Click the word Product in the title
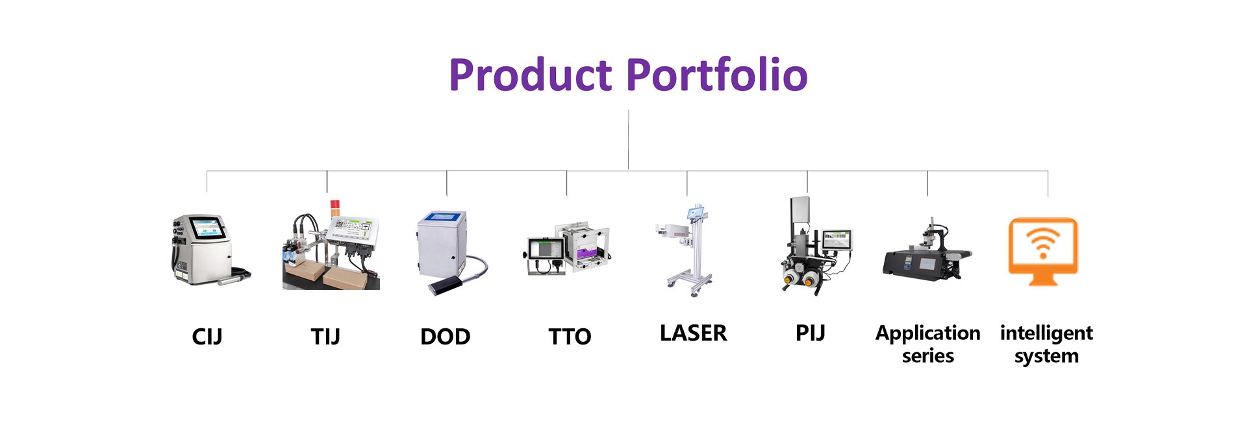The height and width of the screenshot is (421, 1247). pos(530,75)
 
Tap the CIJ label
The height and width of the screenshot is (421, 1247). pos(207,337)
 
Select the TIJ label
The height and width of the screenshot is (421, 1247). pos(325,337)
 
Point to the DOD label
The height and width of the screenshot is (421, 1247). pos(446,337)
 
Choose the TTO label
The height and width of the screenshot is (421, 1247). pos(570,337)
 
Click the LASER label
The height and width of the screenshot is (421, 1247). pos(694,333)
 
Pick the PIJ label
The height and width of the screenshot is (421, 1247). pos(811,333)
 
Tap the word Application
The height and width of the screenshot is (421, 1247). pos(928,333)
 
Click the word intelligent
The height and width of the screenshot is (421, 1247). pos(1046,333)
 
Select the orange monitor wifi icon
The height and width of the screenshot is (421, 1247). pos(1043,252)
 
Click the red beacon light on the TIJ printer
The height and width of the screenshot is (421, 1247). pos(334,207)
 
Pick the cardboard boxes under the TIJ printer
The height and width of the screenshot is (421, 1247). pos(331,274)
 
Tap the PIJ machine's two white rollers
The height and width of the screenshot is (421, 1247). pos(800,280)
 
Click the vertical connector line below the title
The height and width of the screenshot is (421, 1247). pos(628,140)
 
